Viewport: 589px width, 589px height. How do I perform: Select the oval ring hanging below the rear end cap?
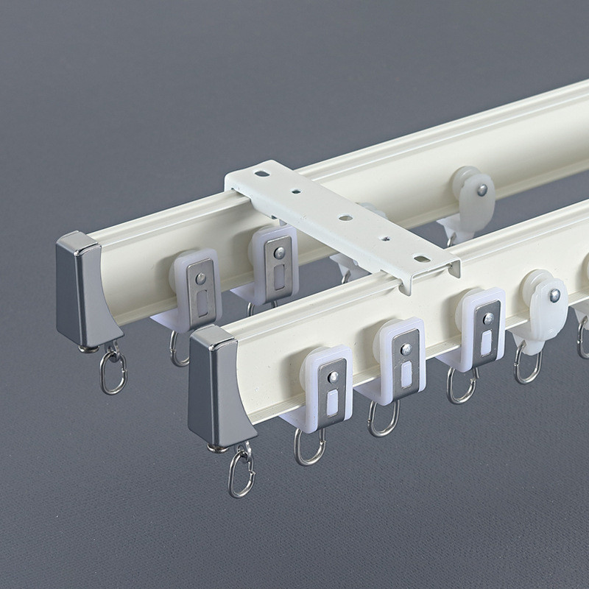coord(113,372)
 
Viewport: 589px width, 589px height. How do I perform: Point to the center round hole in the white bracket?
coord(344,218)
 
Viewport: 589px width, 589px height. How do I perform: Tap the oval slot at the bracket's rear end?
coord(262,174)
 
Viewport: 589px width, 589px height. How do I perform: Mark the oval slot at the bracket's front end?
coord(423,258)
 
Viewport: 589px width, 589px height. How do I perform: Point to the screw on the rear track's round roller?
coord(482,190)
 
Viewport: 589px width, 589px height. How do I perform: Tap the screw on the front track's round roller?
coord(554,295)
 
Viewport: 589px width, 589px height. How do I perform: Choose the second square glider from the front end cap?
coord(398,358)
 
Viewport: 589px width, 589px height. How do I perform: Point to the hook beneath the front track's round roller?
coord(527,364)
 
